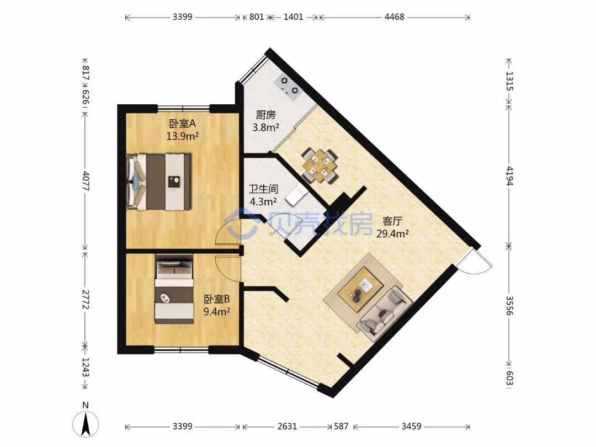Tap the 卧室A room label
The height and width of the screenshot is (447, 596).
[x=183, y=124]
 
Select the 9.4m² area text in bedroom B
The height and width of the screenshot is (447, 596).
[x=217, y=312]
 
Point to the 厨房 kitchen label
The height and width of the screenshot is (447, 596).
[x=265, y=115]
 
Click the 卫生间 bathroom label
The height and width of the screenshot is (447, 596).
[x=263, y=189]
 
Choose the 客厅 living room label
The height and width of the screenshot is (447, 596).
[x=392, y=221]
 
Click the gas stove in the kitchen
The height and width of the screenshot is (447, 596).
[x=288, y=86]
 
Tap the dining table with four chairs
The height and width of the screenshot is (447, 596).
[x=320, y=166]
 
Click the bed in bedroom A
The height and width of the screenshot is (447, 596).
[x=159, y=182]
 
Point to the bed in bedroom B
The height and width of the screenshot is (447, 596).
[x=174, y=289]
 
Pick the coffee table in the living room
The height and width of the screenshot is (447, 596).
[x=361, y=289]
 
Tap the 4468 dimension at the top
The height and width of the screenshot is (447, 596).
[x=395, y=17]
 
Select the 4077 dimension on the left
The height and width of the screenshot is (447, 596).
[x=86, y=182]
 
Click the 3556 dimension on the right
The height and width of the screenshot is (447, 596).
[x=509, y=306]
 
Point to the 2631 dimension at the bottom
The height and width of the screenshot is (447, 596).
[x=287, y=426]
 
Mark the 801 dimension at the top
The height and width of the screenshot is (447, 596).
[x=257, y=17]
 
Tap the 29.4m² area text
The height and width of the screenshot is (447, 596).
[x=392, y=233]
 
